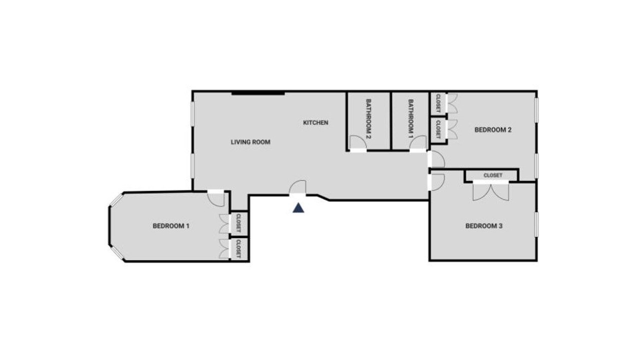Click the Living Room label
point(250,142)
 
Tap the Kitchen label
point(315,122)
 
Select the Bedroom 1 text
point(171,226)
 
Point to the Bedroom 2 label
point(493,130)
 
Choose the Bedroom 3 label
point(484,226)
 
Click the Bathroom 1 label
point(411,118)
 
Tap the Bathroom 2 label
point(368,118)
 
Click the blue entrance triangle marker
point(298,207)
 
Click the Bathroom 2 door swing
point(358,142)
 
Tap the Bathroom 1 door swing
point(418,142)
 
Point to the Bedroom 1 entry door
point(216,198)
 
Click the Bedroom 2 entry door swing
point(436,159)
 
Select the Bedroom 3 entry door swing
point(436,182)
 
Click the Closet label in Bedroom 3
point(493,175)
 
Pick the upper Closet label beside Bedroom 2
point(438,103)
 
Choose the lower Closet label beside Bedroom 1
point(238,249)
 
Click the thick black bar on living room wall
point(258,93)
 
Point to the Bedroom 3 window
point(536,224)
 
